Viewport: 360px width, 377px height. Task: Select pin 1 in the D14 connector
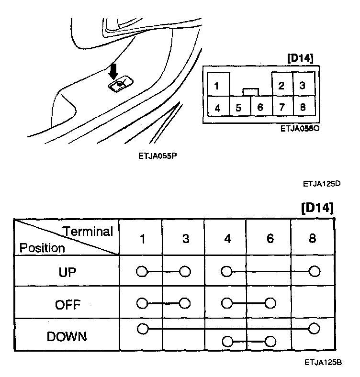tap(217, 86)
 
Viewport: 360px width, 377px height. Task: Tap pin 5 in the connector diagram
tap(238, 108)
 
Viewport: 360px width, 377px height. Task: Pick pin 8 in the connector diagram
tap(303, 107)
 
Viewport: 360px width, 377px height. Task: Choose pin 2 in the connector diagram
tap(281, 86)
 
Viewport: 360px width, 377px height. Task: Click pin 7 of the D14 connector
tap(281, 107)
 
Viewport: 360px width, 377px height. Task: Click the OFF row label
tap(67, 304)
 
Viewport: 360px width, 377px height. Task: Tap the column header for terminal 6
tap(270, 238)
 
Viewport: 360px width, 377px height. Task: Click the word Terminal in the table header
tap(88, 232)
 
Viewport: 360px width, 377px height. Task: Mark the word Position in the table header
tap(42, 248)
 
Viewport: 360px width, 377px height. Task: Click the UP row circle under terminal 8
tap(314, 272)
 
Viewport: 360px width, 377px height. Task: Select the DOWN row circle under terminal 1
tap(142, 329)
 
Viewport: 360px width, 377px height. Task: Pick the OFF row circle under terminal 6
tap(270, 303)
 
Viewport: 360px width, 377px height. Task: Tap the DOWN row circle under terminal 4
tap(227, 342)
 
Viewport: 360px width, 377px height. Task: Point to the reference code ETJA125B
tap(322, 363)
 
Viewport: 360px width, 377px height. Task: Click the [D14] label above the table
tap(317, 209)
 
